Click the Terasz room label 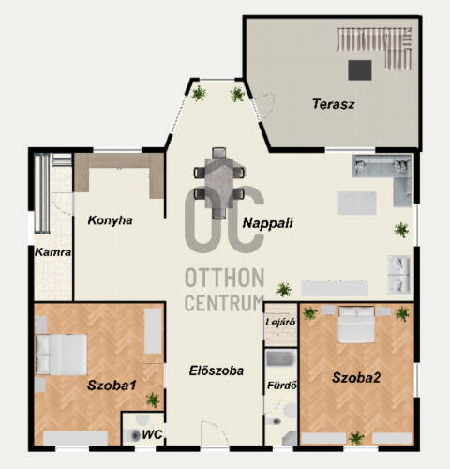coord(334,104)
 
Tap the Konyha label coord(110,220)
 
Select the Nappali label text coord(268,223)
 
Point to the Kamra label coord(52,252)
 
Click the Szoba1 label coord(112,386)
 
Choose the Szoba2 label coord(356,378)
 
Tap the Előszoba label coord(217,371)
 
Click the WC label coord(152,434)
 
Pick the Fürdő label coord(282,386)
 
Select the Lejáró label coord(280,322)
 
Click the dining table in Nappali coord(219,183)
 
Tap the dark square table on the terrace coord(360,70)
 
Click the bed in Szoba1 coord(61,355)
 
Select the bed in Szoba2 coord(356,325)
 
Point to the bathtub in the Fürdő coord(280,358)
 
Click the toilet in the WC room coord(133,435)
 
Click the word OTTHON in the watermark coord(225,278)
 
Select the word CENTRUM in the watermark coord(225,302)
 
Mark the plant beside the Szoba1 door coord(153,400)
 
